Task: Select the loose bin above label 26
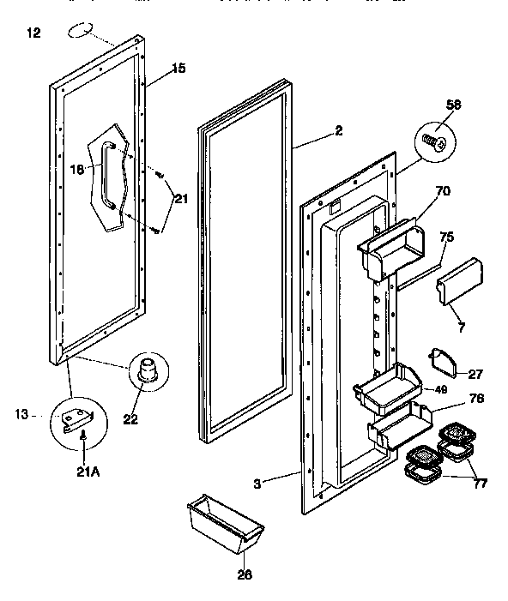pos(226,521)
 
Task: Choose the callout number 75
pos(446,237)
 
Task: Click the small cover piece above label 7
pos(460,280)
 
